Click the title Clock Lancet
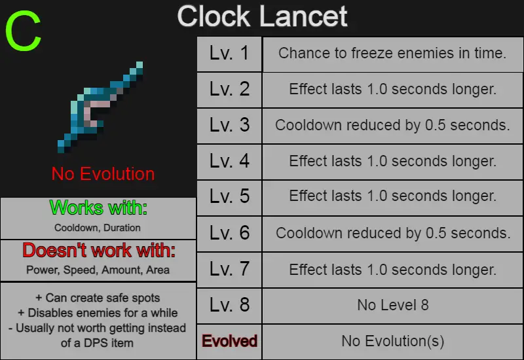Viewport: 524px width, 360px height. click(x=263, y=17)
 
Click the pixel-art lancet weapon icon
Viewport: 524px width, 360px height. click(x=100, y=107)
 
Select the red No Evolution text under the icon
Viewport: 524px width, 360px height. click(x=103, y=174)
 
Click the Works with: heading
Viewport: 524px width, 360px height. click(x=98, y=207)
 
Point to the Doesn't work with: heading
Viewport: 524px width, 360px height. click(x=99, y=250)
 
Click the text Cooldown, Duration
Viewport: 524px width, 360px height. click(x=97, y=228)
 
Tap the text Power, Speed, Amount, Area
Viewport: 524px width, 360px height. click(x=98, y=270)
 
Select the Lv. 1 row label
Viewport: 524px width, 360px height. click(x=229, y=54)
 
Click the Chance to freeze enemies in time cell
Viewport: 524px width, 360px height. click(x=392, y=54)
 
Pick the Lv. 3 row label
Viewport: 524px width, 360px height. click(x=229, y=125)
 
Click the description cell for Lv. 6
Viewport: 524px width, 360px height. click(x=392, y=234)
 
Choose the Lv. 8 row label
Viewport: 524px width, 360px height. click(x=229, y=305)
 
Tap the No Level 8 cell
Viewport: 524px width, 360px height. click(x=392, y=305)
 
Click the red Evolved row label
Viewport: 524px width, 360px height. click(x=229, y=341)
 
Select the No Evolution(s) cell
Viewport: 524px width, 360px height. click(x=392, y=341)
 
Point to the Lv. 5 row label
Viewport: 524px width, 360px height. click(x=229, y=198)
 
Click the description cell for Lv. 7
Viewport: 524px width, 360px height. click(x=392, y=270)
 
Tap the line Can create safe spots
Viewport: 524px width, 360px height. click(x=98, y=298)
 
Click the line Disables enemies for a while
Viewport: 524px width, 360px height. click(x=98, y=313)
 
